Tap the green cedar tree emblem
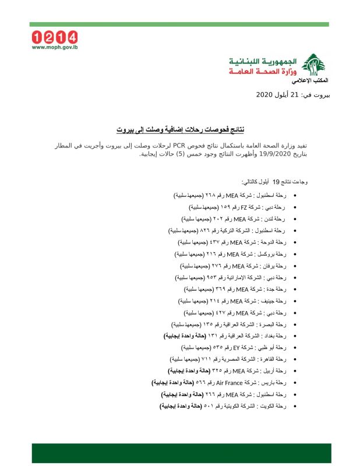[x=315, y=63]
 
